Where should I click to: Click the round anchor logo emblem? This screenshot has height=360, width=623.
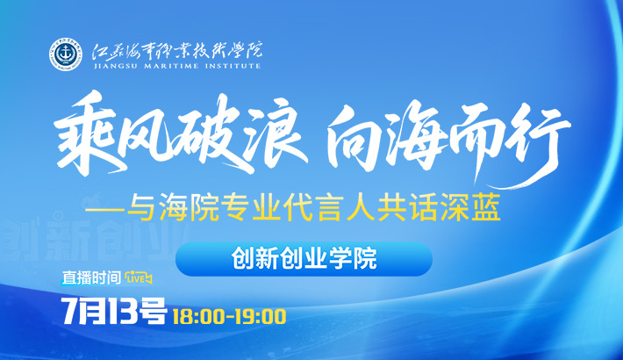tap(66, 54)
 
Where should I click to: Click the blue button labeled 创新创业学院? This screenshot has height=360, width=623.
tap(304, 259)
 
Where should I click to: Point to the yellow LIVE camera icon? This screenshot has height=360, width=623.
tap(139, 277)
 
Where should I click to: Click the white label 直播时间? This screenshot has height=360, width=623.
tap(91, 277)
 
